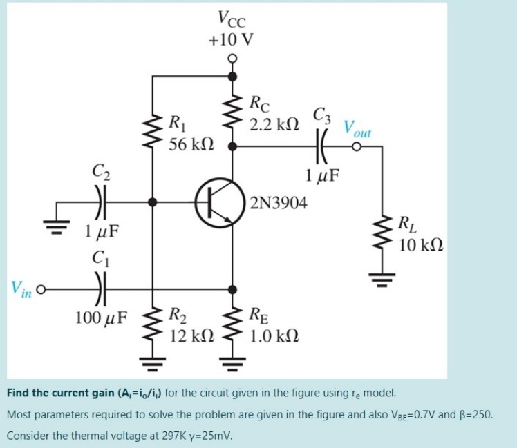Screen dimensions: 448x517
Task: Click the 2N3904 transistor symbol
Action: click(x=218, y=203)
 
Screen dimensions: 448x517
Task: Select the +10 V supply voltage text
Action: click(x=230, y=39)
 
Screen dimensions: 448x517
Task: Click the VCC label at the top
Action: click(x=230, y=17)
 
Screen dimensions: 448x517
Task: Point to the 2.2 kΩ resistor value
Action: click(x=274, y=125)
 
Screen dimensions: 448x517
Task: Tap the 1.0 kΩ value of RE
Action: click(x=274, y=336)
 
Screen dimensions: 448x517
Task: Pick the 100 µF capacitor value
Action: click(x=102, y=318)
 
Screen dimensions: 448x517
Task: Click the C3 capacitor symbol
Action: click(x=321, y=147)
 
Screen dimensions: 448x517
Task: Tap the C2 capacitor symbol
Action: click(x=102, y=202)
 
